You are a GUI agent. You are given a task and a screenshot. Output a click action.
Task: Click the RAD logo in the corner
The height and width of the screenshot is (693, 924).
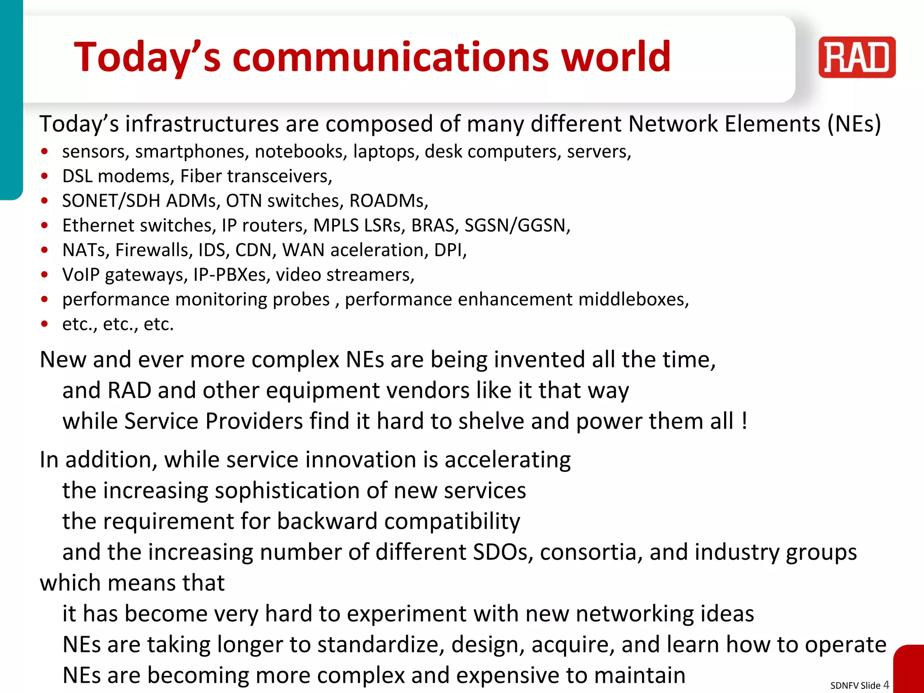click(x=856, y=57)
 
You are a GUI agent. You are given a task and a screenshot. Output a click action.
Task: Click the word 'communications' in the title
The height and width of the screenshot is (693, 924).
click(x=391, y=57)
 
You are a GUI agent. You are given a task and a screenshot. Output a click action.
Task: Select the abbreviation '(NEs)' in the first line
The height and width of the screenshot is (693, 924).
click(x=854, y=124)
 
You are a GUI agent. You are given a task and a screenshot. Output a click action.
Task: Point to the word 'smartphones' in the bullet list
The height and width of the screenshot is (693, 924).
click(x=192, y=152)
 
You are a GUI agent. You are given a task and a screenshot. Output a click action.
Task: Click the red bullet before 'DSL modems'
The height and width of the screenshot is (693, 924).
click(x=44, y=176)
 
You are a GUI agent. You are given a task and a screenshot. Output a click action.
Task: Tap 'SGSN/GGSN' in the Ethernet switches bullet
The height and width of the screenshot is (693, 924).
click(x=517, y=226)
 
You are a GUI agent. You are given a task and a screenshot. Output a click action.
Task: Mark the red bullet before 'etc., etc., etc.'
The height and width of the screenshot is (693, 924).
click(x=44, y=324)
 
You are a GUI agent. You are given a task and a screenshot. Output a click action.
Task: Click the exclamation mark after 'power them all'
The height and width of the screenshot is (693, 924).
click(x=744, y=421)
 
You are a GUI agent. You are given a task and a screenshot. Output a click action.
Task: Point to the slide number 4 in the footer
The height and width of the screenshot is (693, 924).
click(x=886, y=684)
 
